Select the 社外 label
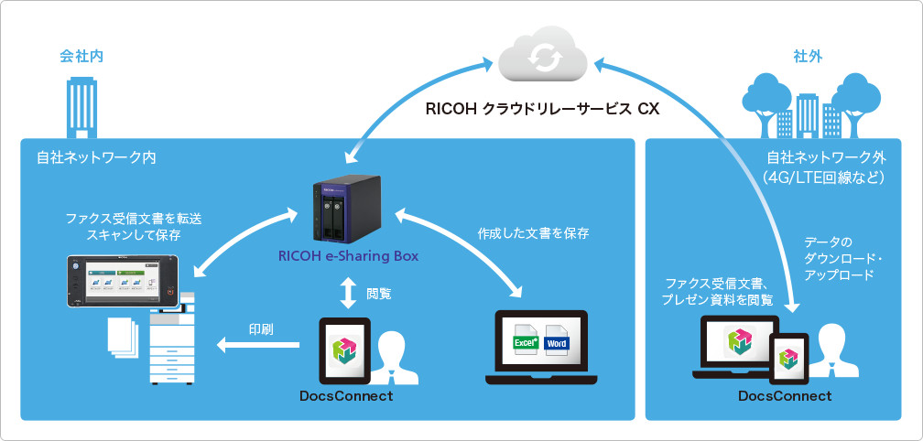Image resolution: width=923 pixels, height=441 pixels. point(808,57)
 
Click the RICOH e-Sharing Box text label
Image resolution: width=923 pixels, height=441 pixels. point(348,256)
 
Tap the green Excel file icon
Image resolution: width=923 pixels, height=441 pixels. point(525,342)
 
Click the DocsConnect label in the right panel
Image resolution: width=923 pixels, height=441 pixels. point(785,396)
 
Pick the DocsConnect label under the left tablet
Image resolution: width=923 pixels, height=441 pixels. point(345,396)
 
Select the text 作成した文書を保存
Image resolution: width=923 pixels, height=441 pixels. point(533,233)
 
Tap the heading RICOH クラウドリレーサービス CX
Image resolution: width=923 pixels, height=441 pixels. point(542,109)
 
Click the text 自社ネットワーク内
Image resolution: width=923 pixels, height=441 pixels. point(90,157)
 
